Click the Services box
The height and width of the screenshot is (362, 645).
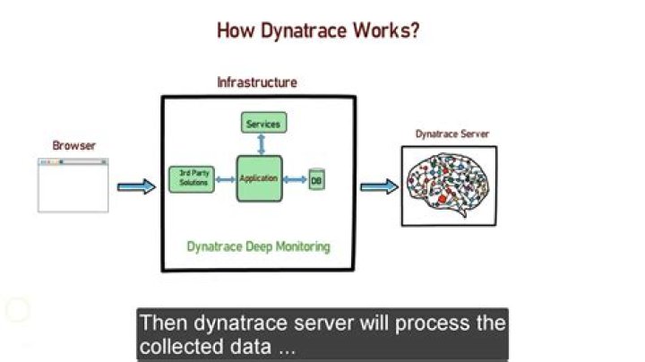[x=262, y=124]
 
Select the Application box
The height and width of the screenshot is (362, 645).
[x=259, y=179]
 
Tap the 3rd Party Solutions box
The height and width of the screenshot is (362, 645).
[x=188, y=179]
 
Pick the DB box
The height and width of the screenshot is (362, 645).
[x=315, y=180]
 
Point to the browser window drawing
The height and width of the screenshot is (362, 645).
[x=73, y=185]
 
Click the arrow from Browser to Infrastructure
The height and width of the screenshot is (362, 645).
[x=136, y=186]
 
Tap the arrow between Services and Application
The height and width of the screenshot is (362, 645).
[x=261, y=143]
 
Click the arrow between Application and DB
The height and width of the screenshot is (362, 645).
[x=295, y=180]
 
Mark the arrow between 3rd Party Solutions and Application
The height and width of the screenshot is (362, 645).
[x=222, y=180]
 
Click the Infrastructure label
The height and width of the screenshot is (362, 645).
[x=257, y=82]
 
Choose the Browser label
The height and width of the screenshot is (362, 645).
[x=73, y=145]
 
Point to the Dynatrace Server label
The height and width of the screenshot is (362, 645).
[x=451, y=134]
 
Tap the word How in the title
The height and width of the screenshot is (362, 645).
[x=235, y=30]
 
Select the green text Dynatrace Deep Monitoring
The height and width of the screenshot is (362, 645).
[x=258, y=246]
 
